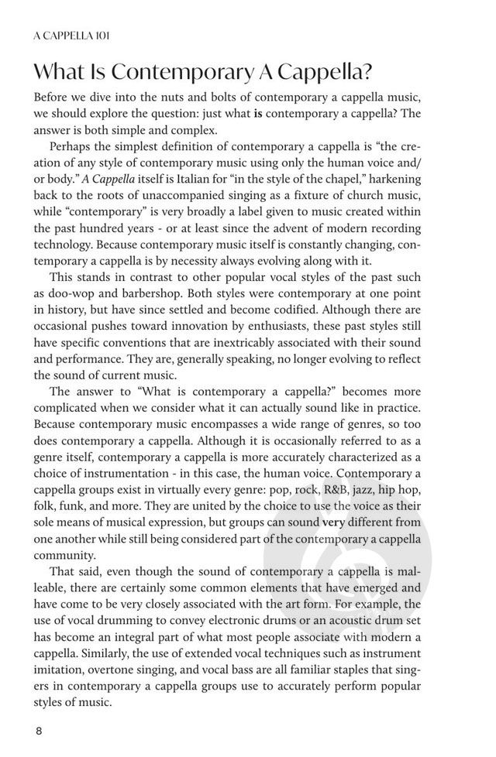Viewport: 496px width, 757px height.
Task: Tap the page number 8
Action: point(37,730)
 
